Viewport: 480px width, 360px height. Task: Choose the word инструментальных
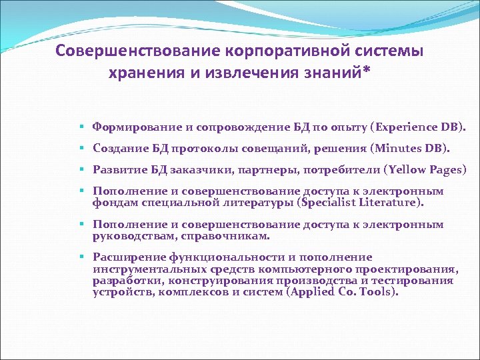tap(145, 269)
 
